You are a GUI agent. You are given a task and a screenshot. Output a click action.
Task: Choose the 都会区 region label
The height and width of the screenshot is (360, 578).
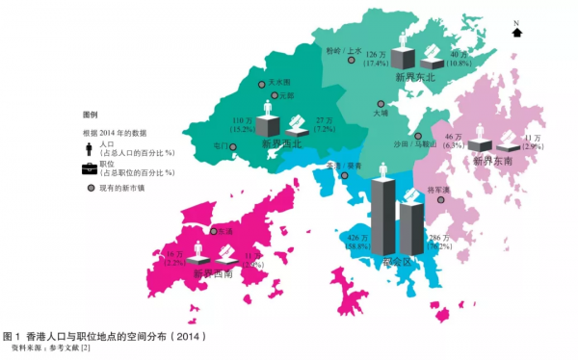(x=396, y=262)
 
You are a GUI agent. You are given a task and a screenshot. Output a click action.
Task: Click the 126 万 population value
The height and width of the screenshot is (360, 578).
(x=377, y=54)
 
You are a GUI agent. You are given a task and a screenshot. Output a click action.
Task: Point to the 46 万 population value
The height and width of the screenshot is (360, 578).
(x=454, y=138)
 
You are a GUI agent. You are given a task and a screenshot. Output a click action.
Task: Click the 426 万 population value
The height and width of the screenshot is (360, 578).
(x=357, y=237)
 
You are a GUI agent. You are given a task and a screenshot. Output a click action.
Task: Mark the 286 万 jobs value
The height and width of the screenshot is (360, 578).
(x=439, y=237)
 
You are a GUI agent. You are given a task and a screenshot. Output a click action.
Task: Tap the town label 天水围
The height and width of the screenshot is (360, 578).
(x=280, y=83)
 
